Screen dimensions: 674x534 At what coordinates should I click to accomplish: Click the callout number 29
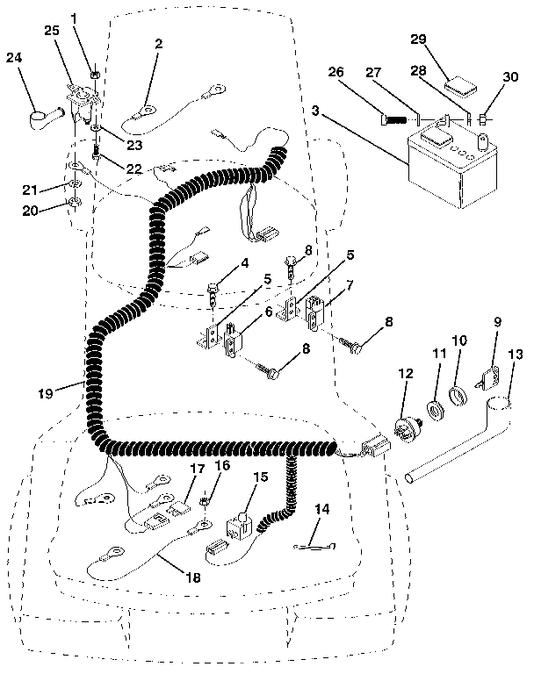pyautogui.click(x=417, y=39)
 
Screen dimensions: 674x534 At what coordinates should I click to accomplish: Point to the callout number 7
pyautogui.click(x=324, y=285)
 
